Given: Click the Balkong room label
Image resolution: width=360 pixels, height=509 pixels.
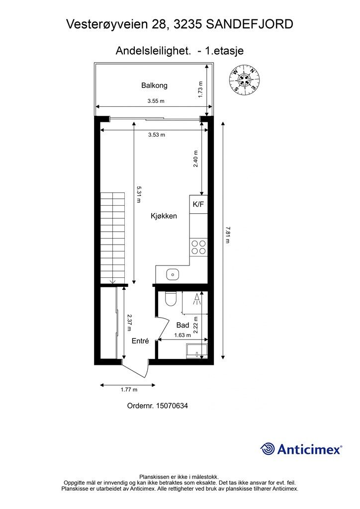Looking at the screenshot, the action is pos(154,85).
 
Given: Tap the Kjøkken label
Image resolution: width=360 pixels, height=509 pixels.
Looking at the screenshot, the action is pos(164,216).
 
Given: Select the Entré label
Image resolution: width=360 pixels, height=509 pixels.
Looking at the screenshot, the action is pos(140,341).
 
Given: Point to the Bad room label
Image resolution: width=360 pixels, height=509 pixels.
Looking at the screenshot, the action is pos(183,325).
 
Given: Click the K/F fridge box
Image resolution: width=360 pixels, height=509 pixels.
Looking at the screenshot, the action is pos(198,204).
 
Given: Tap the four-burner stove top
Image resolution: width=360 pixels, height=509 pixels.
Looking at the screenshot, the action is pos(198,247).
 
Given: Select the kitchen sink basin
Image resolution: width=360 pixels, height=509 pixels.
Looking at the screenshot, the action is pos(173,274).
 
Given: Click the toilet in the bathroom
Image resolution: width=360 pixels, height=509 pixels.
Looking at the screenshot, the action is pos(171,299).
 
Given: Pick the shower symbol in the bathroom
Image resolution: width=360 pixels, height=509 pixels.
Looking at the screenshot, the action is pos(196,299).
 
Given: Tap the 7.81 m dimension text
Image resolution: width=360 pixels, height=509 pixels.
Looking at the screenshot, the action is pos(227,235).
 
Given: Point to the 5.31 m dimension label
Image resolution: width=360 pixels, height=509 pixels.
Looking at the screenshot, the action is pos(139,194).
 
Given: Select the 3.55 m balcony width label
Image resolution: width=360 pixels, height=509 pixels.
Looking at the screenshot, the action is pos(156,101).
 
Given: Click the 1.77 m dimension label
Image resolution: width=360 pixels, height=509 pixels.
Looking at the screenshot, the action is pos(129,390).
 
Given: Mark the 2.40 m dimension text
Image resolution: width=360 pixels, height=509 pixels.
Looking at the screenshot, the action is pos(195,159).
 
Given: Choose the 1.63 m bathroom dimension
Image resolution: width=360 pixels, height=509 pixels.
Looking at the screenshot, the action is pos(182,336).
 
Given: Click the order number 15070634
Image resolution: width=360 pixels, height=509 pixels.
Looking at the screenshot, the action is pos(172,406).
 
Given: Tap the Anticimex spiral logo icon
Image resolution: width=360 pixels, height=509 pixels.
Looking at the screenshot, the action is pos(267,449).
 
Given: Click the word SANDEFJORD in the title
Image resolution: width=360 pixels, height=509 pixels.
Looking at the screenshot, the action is pos(249,24).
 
